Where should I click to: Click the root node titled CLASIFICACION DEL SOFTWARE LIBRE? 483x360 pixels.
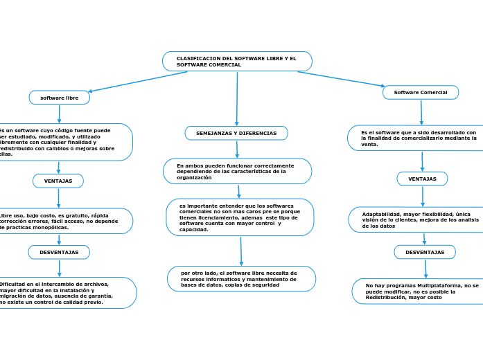(237, 62)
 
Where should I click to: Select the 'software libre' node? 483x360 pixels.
(60, 98)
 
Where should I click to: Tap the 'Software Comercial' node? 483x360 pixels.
(421, 92)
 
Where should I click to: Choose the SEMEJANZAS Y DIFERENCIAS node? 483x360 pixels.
(236, 133)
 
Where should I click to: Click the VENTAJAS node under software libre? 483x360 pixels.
(58, 181)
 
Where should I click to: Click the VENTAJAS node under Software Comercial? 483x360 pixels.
(422, 179)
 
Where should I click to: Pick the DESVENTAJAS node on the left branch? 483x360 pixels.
(59, 252)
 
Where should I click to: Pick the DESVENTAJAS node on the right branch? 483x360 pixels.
(425, 252)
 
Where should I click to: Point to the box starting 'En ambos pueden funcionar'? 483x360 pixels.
(237, 171)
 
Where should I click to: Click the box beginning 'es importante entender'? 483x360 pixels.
(240, 217)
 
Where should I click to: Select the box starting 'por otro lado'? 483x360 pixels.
(241, 278)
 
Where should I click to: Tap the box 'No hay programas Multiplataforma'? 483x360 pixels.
(422, 291)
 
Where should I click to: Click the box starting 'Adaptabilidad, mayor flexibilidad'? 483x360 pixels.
(420, 220)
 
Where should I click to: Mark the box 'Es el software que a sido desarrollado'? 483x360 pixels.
(419, 137)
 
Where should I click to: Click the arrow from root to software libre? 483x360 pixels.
(139, 81)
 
